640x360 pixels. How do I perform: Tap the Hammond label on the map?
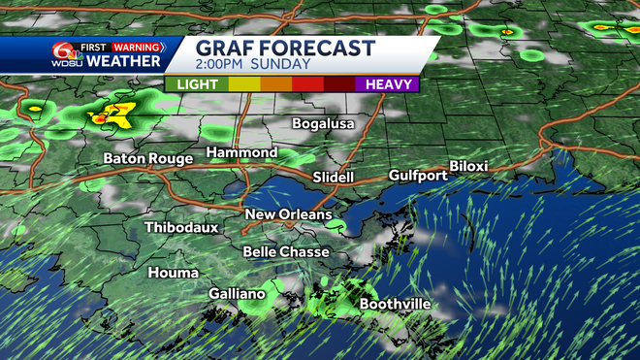(x=241, y=153)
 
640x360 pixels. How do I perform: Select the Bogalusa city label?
(x=325, y=124)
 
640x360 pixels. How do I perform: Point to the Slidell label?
(x=334, y=178)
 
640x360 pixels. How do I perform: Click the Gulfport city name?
(x=418, y=176)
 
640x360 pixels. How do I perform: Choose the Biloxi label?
(x=468, y=167)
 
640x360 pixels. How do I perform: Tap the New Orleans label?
(x=288, y=214)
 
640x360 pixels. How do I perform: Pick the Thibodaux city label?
(x=181, y=227)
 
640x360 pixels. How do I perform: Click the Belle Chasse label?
(x=279, y=251)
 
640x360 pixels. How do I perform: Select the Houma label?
(x=174, y=273)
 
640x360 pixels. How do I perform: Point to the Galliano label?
(x=237, y=294)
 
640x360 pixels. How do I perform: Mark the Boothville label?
(x=396, y=304)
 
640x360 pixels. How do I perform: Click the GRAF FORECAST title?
(x=285, y=48)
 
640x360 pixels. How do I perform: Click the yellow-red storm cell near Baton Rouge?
(x=113, y=116)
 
